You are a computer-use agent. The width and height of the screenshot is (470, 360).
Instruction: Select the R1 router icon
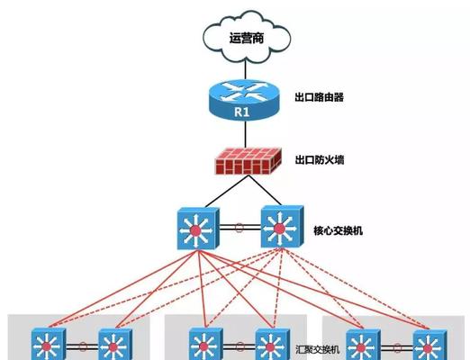[x=245, y=100]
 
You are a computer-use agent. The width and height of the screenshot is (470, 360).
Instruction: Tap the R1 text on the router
[x=242, y=112]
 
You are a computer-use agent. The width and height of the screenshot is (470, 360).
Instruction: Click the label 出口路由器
[x=319, y=97]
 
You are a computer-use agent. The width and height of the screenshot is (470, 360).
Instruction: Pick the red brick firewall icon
[x=249, y=161]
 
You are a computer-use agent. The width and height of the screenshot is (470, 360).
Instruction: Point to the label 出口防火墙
[x=320, y=159]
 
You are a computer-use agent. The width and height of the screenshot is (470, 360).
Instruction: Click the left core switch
[x=198, y=229]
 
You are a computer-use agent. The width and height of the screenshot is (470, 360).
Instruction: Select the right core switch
[x=282, y=227]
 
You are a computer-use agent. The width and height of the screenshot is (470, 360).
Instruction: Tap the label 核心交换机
[x=338, y=230]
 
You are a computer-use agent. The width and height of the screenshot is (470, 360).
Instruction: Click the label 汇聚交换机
[x=318, y=349]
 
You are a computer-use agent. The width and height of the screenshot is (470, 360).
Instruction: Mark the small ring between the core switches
[x=239, y=228]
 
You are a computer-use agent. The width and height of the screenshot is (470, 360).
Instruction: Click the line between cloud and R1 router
[x=246, y=71]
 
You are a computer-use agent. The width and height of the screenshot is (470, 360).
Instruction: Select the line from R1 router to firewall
[x=246, y=134]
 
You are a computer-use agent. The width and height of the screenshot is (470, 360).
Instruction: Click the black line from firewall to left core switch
[x=227, y=191]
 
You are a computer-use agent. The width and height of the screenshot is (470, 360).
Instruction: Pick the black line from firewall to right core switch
[x=265, y=190]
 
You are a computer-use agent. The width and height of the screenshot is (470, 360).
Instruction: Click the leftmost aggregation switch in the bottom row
[x=49, y=344]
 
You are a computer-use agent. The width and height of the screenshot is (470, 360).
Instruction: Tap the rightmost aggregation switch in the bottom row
[x=429, y=346]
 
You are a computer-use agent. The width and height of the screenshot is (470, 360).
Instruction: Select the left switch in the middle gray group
[x=205, y=344]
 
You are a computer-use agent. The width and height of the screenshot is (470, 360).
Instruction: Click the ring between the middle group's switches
[x=240, y=347]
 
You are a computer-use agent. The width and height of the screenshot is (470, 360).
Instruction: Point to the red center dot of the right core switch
[x=279, y=229]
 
